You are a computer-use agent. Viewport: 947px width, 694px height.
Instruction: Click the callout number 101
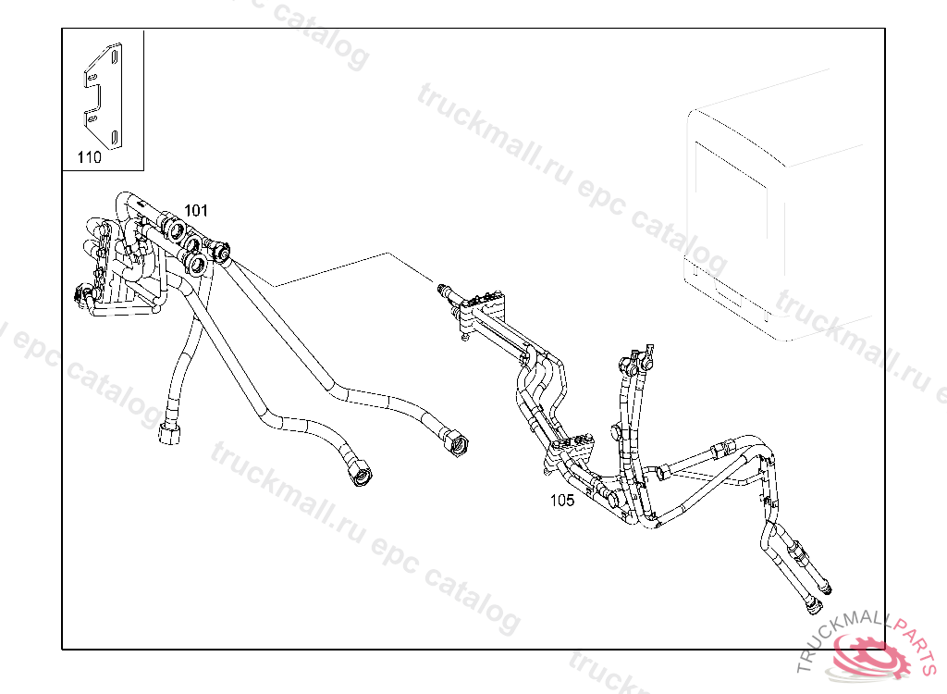point(195,211)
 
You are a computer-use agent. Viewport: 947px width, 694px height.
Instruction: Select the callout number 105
point(561,501)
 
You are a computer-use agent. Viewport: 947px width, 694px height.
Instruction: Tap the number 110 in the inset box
point(89,157)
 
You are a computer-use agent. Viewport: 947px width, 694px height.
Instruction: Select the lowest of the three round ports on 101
point(195,266)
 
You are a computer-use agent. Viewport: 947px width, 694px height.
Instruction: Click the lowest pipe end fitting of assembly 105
point(813,606)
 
